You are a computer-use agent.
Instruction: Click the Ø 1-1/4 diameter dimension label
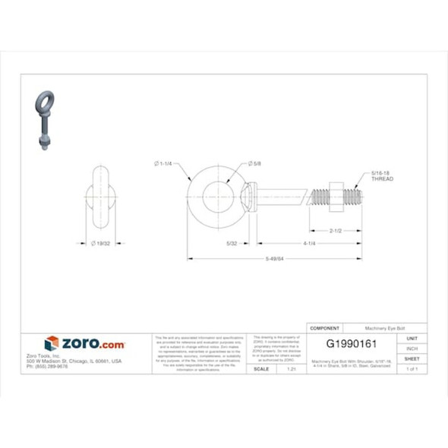[x=163, y=164]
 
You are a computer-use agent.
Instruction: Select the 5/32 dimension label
[x=235, y=244]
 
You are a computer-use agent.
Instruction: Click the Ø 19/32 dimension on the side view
[x=102, y=244]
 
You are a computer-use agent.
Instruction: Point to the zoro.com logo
[x=84, y=344]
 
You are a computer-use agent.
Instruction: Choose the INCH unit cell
[x=412, y=349]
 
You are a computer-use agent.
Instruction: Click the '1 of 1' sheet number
[x=412, y=368]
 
